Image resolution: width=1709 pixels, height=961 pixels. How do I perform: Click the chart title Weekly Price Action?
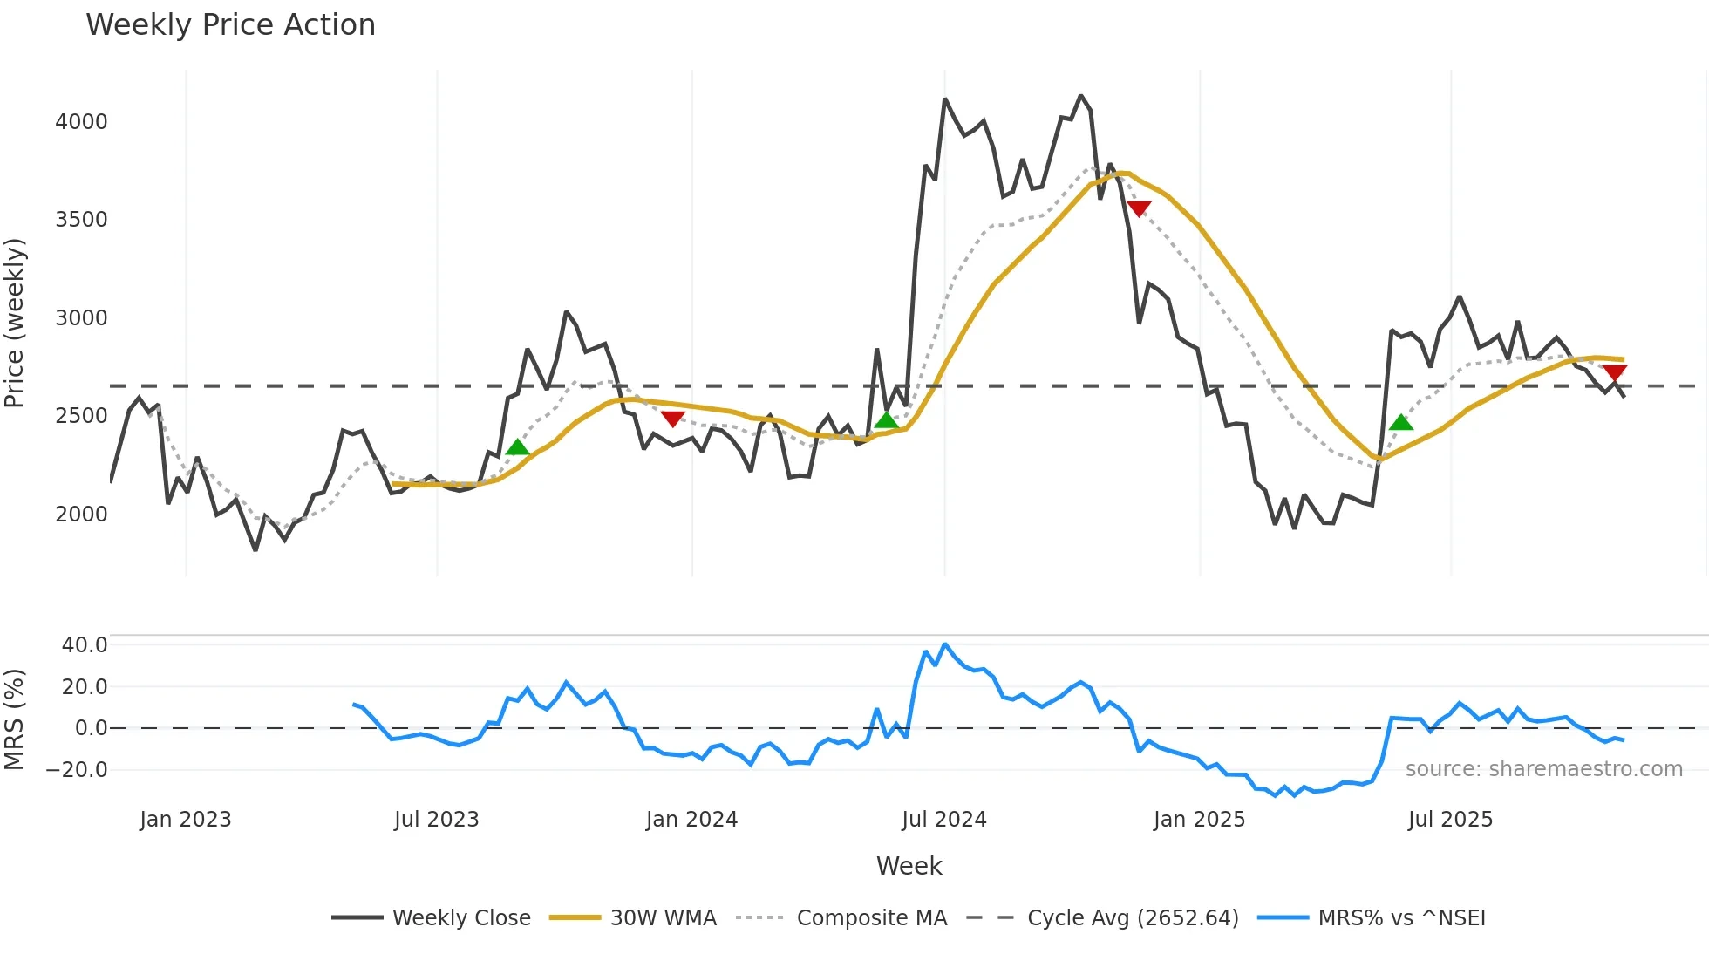click(x=230, y=25)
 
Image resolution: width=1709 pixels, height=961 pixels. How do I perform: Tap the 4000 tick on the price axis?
click(x=81, y=121)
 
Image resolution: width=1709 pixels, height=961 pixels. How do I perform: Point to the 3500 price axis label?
click(x=81, y=219)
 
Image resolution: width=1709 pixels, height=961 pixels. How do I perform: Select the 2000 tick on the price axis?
click(x=81, y=514)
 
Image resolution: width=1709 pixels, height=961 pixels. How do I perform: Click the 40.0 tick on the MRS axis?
click(x=85, y=645)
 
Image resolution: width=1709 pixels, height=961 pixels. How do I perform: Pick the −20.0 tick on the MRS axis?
click(x=77, y=769)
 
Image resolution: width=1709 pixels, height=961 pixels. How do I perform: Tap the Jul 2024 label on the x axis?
click(x=943, y=820)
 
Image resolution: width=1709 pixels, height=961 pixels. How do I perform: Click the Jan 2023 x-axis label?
click(x=185, y=820)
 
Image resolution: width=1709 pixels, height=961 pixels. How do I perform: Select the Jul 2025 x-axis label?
click(x=1450, y=820)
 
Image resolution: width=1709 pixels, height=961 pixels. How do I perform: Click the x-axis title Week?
click(x=909, y=866)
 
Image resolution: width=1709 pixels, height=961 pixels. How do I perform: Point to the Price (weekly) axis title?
click(x=15, y=323)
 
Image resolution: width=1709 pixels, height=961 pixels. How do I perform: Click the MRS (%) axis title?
click(x=15, y=719)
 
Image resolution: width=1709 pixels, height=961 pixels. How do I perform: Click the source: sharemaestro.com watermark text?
click(x=1543, y=769)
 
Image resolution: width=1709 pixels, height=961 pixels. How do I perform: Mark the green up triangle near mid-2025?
click(x=1400, y=423)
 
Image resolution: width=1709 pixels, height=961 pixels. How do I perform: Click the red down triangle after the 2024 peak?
click(x=1139, y=208)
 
